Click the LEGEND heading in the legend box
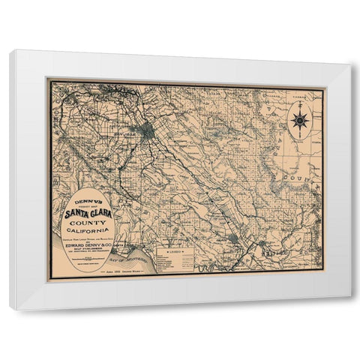click(x=177, y=252)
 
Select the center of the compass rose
click(x=299, y=120)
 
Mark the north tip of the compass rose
click(x=299, y=107)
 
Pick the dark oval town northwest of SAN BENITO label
click(x=234, y=238)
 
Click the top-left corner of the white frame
click(x=10, y=51)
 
